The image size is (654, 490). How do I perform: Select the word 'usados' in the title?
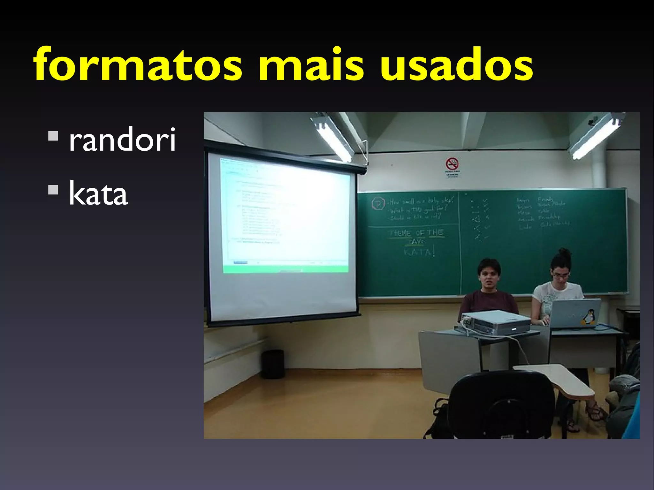coord(457,65)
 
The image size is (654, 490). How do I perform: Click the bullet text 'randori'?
coord(122,139)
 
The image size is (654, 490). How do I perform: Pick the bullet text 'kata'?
coord(98,193)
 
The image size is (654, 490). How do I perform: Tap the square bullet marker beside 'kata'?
coord(53,190)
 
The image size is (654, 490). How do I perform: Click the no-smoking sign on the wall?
coord(452,164)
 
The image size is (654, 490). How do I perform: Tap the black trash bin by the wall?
coord(273,364)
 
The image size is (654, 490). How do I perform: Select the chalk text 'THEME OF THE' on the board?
coord(416,233)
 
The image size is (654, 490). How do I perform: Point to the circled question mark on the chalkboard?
coord(379,203)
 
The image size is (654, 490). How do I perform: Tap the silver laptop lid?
coord(575,313)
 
